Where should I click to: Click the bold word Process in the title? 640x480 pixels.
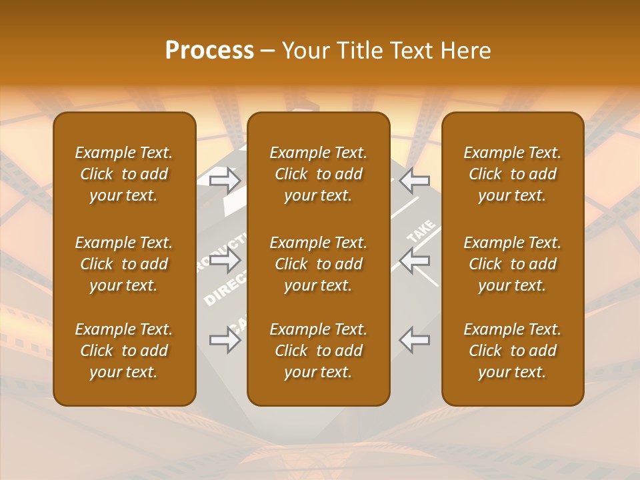tap(209, 51)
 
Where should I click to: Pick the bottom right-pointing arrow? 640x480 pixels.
tap(225, 340)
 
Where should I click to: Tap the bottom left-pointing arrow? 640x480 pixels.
tap(415, 340)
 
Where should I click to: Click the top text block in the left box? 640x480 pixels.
tap(124, 174)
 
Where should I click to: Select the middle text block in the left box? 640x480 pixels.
tap(124, 264)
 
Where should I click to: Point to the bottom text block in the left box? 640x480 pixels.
tap(124, 351)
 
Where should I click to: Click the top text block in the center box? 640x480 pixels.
tap(318, 174)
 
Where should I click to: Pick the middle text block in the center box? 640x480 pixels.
tap(318, 264)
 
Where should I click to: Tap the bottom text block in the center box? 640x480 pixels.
tap(318, 351)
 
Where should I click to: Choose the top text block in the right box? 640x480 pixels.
tap(512, 174)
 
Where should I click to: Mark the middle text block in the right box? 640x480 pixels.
tap(512, 264)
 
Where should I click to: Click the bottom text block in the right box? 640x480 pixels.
tap(512, 351)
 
